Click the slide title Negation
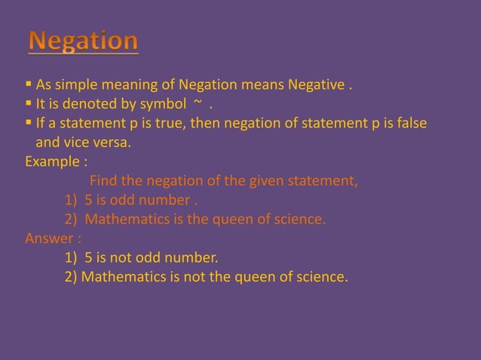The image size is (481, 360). (84, 41)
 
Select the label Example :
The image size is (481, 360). (55, 162)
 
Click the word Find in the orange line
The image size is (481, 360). (103, 182)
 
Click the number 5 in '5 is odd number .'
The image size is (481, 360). (88, 200)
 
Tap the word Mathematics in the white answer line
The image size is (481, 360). (121, 278)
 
